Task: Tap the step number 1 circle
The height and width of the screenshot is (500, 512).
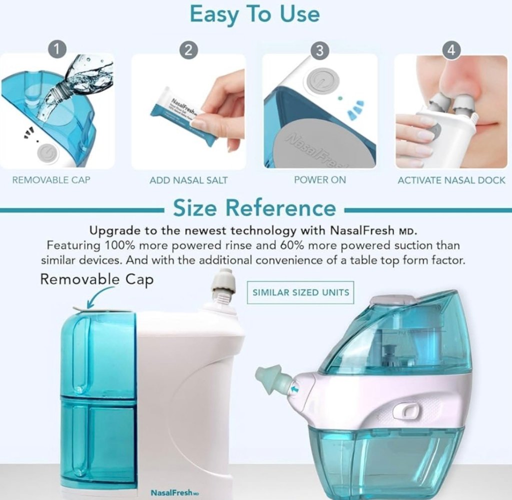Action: (59, 49)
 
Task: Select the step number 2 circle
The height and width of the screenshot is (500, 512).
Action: (188, 49)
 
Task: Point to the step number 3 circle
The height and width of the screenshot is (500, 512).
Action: (320, 50)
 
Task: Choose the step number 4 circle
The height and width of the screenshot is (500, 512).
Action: (451, 50)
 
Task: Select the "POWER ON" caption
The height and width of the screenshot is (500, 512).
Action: (320, 180)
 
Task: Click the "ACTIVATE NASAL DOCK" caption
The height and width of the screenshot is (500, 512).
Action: (451, 180)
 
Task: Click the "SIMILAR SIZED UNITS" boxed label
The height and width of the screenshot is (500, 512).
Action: (300, 292)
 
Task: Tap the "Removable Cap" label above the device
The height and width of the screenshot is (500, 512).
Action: (96, 279)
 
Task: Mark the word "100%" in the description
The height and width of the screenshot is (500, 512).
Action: (120, 245)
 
